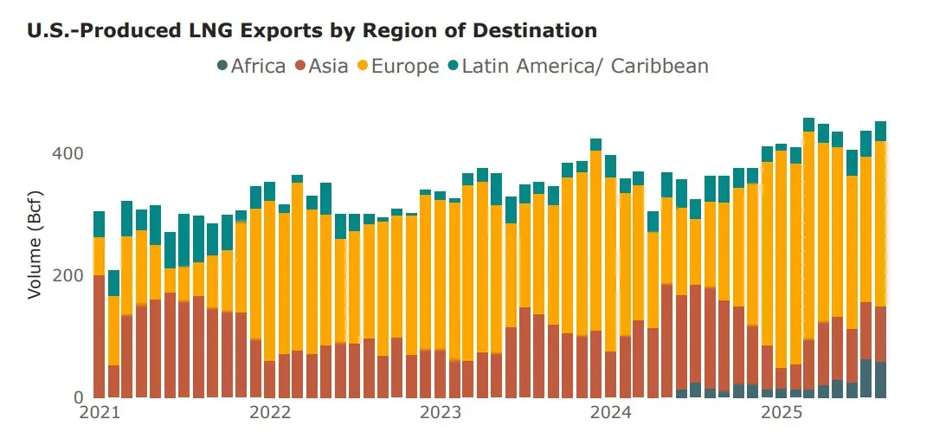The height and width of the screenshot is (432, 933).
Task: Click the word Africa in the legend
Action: pyautogui.click(x=258, y=66)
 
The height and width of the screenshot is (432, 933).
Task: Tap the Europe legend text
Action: pyautogui.click(x=405, y=66)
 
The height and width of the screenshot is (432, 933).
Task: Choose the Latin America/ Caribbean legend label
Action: pyautogui.click(x=585, y=66)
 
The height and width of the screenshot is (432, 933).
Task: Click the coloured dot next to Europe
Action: pyautogui.click(x=364, y=66)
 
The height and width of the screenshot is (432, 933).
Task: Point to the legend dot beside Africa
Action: pyautogui.click(x=222, y=66)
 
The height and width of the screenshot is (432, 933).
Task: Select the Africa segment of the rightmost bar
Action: pyautogui.click(x=881, y=380)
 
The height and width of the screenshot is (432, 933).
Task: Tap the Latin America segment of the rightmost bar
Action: pyautogui.click(x=881, y=131)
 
